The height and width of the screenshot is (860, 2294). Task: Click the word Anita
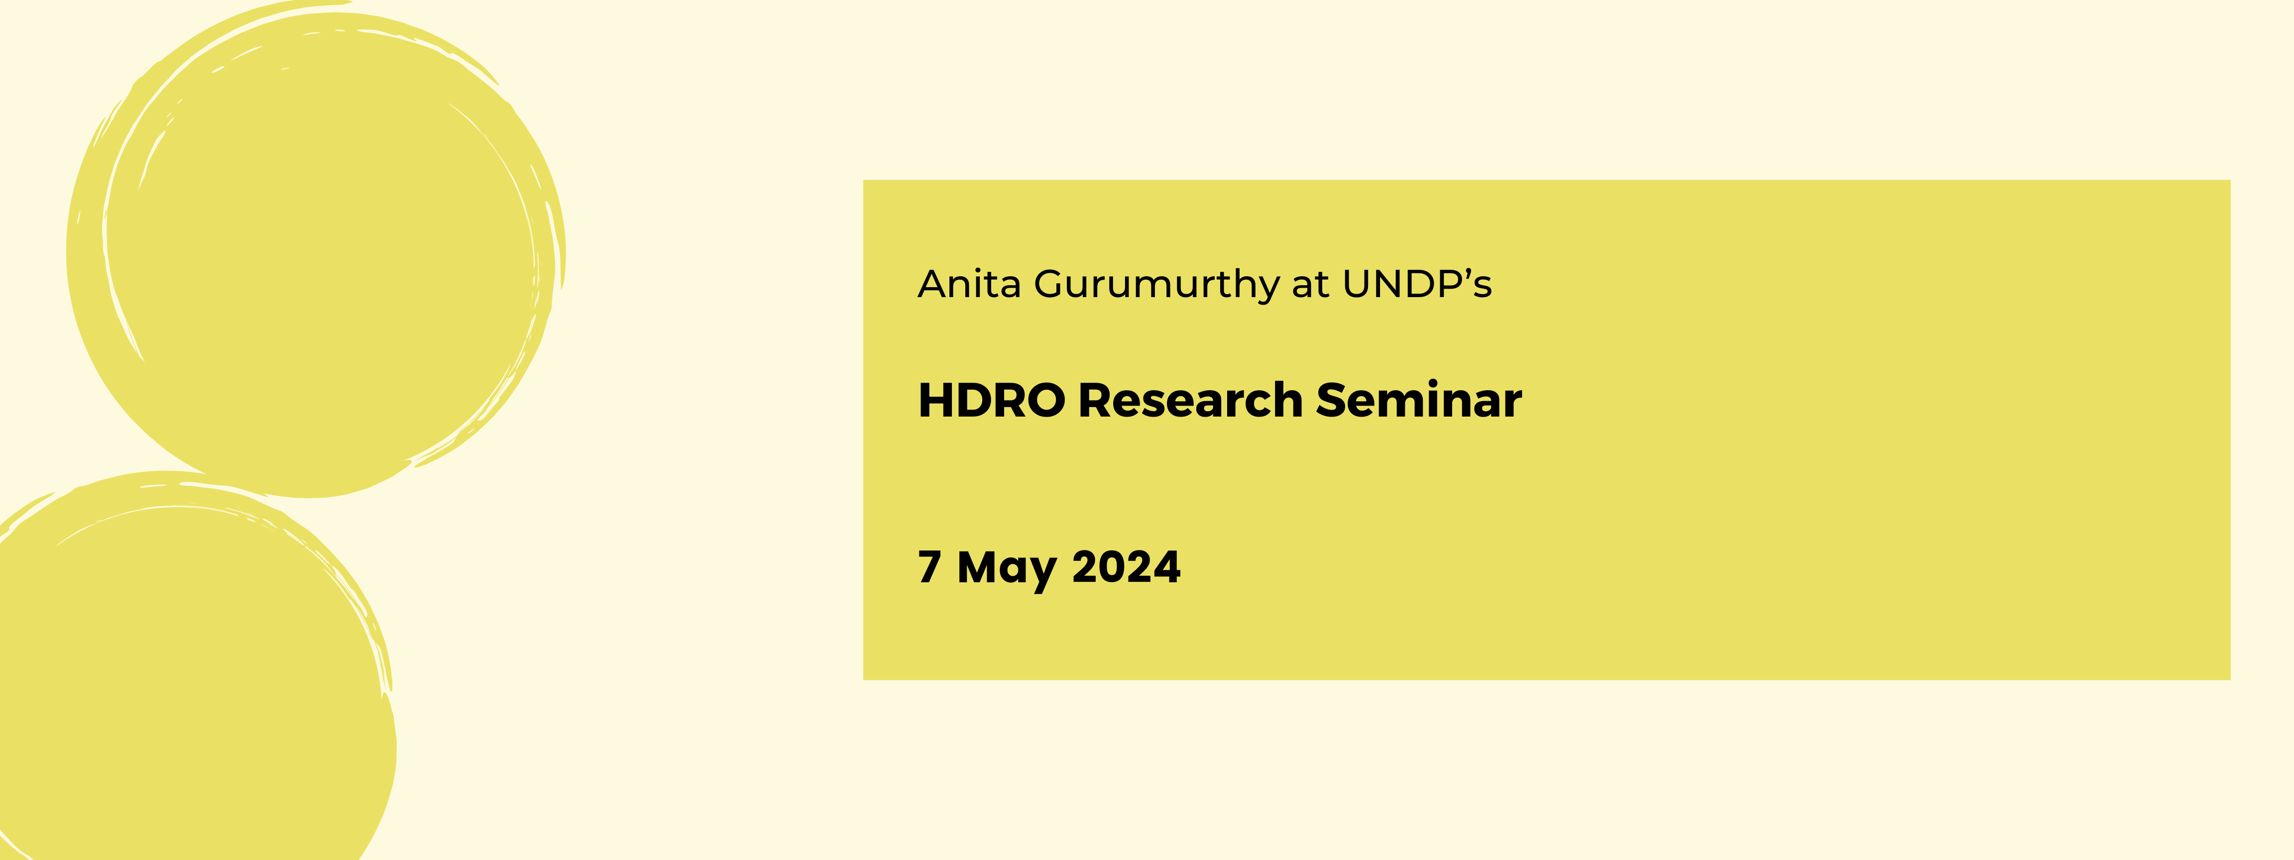(969, 285)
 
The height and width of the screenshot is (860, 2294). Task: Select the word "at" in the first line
(1310, 285)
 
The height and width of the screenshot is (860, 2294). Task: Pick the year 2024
(1126, 567)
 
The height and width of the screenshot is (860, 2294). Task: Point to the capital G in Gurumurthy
(1051, 285)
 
